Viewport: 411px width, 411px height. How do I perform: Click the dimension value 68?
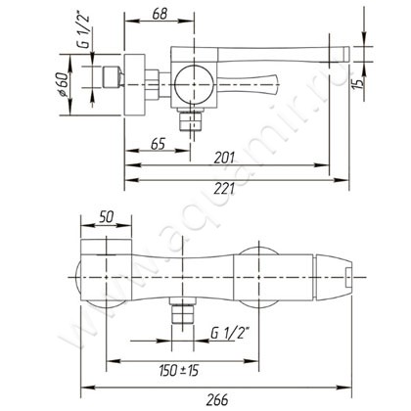pyautogui.click(x=160, y=14)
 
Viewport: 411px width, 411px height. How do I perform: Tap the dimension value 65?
pyautogui.click(x=159, y=144)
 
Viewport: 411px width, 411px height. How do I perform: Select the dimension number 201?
pyautogui.click(x=224, y=158)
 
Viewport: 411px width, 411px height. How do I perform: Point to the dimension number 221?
pyautogui.click(x=224, y=189)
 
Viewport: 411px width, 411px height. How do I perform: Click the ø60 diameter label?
pyautogui.click(x=64, y=85)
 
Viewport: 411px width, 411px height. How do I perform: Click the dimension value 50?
pyautogui.click(x=107, y=217)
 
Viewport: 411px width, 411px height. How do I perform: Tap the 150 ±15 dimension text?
pyautogui.click(x=179, y=371)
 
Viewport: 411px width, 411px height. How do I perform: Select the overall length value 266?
pyautogui.click(x=217, y=399)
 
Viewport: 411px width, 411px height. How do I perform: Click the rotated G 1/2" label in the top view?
pyautogui.click(x=85, y=31)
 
